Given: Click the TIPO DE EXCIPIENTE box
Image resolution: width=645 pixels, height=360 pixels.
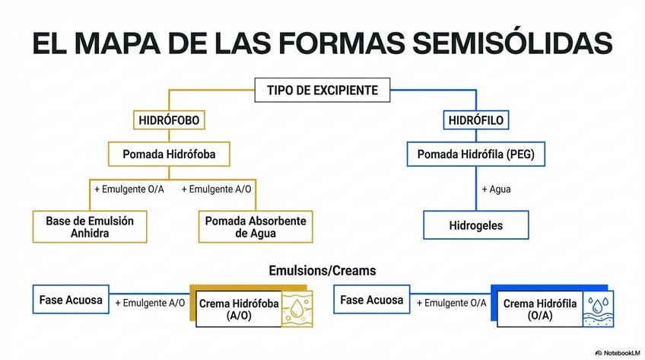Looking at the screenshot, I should pos(322,91).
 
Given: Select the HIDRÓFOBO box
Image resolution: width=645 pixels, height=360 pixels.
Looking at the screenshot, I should pos(168,120).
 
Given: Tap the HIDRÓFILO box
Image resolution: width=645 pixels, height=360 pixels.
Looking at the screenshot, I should pos(476,120).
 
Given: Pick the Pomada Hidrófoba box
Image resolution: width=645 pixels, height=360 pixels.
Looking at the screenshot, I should pos(169,155).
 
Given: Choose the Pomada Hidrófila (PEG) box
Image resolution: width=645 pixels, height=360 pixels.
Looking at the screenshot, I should pos(475,155).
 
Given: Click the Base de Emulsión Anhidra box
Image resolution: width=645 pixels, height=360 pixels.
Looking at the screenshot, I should pos(90,226).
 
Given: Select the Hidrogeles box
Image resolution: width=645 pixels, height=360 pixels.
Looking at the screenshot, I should pos(475,225).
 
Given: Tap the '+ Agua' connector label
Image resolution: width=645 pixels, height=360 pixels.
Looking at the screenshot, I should pos(496,189).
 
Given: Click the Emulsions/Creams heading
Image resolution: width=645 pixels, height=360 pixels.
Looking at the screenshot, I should pos(322,270).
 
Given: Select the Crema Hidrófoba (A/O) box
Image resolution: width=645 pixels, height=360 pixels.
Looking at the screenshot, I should pos(239,309).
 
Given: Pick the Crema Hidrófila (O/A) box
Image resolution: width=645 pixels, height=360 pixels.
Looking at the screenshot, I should pos(540,309).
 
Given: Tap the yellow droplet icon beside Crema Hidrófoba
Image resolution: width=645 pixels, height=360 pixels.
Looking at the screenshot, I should pos(296,309).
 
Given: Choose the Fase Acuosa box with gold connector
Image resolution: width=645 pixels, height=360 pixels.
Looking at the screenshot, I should pos(71,300).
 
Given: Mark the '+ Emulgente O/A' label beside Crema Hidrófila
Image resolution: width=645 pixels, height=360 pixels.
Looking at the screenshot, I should pos(451,303).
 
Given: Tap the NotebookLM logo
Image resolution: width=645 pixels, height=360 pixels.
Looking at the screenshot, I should pos(616,352).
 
